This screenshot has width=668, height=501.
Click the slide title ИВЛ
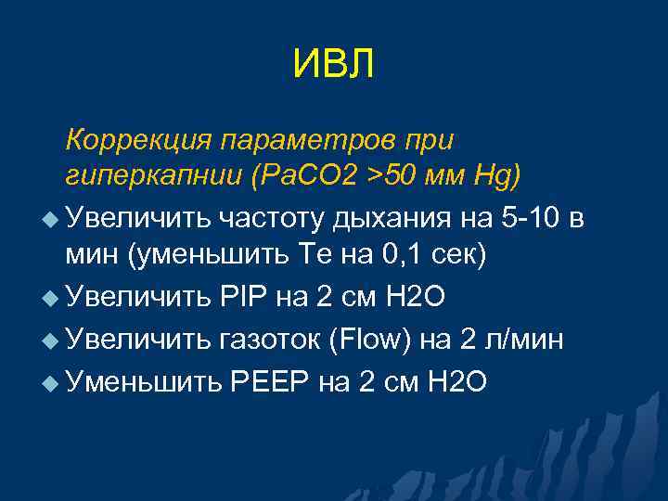click(x=333, y=65)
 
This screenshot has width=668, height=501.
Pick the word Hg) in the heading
click(x=497, y=174)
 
